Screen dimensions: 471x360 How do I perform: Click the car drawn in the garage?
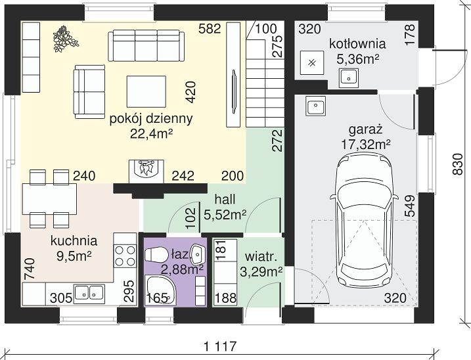pos(365,220)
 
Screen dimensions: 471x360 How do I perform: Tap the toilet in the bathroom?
pos(156,255)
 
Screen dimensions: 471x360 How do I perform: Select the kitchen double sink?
pos(89,292)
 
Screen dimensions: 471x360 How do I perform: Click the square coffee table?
pos(146,91)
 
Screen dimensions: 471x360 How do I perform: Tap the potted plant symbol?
pos(65,39)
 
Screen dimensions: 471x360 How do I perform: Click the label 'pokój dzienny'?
pos(151,120)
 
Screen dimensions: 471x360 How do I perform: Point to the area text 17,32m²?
pos(365,145)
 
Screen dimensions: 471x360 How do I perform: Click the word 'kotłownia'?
pos(357,43)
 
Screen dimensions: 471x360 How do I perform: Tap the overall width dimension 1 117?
pos(220,346)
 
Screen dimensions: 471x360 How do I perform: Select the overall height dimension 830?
pos(457,164)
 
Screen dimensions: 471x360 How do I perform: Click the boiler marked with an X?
pos(312,63)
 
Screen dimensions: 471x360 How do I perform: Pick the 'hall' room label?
pos(225,200)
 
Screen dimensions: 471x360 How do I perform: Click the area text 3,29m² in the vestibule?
pos(261,272)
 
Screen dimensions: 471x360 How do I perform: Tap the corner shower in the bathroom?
pos(160,290)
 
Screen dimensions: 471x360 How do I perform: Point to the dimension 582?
pos(210,29)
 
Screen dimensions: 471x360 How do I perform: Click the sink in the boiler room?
pos(349,78)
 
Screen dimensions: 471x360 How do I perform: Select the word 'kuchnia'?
pos(74,240)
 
